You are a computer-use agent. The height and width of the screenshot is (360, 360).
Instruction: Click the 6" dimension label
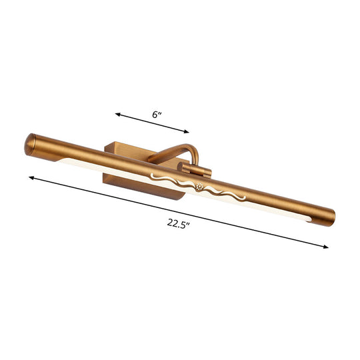click(x=157, y=115)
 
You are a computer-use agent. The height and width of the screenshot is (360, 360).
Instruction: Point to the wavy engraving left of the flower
click(x=170, y=179)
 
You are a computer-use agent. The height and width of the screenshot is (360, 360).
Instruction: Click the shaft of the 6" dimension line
click(x=152, y=123)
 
